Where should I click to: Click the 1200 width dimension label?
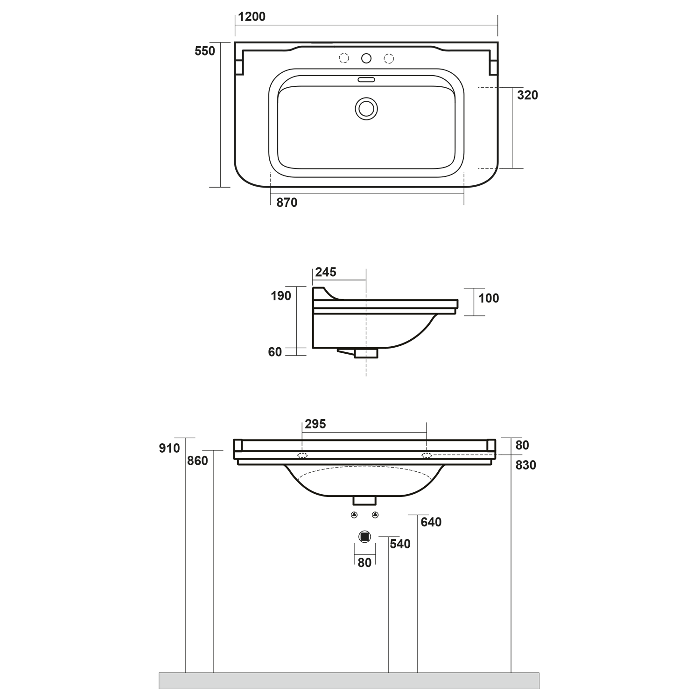tap(252, 17)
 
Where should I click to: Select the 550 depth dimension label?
tap(205, 51)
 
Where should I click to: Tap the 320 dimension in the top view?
tap(527, 95)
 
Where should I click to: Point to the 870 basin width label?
tap(287, 203)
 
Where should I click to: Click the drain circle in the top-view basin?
tap(366, 109)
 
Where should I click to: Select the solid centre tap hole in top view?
tap(366, 58)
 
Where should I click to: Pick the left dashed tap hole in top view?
tap(344, 58)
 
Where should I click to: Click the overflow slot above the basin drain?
tap(366, 79)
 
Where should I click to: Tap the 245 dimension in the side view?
tap(325, 272)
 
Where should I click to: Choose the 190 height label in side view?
tap(280, 296)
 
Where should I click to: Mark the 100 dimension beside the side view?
tap(488, 298)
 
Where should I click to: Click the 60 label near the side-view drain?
tap(275, 352)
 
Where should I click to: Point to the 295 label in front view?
tap(315, 424)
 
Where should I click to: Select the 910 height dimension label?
tap(169, 448)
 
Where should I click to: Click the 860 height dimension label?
tap(197, 461)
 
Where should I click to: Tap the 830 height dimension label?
tap(525, 465)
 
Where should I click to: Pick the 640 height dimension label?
tap(431, 522)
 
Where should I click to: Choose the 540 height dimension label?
tap(400, 544)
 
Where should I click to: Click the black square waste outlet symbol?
tap(365, 537)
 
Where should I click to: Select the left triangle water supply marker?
tap(354, 515)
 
